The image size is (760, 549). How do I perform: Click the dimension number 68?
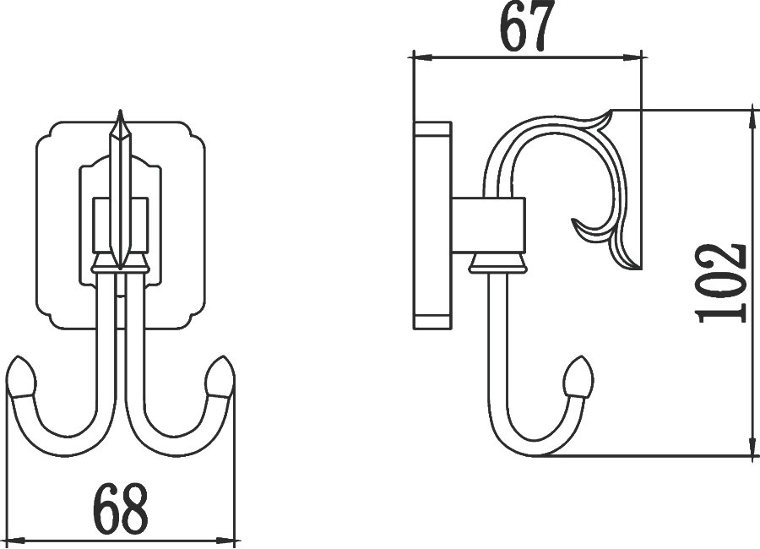(121, 508)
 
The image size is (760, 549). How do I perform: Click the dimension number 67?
(527, 26)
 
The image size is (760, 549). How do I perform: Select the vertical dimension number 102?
(719, 283)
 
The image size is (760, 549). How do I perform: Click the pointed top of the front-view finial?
(120, 112)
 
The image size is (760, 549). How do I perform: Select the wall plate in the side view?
(432, 226)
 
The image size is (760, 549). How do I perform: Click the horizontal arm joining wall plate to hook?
(489, 226)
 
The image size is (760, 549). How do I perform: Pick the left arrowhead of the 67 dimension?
(421, 57)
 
